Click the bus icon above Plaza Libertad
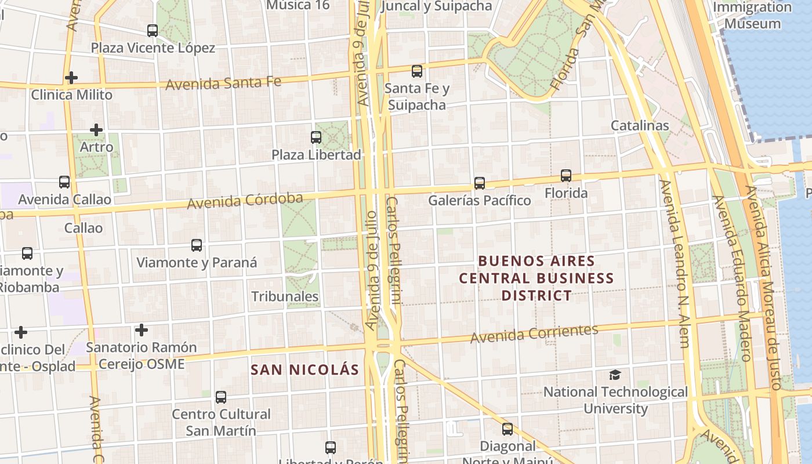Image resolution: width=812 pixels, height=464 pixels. (x=316, y=137)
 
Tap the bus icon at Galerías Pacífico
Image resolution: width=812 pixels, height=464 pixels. (x=480, y=183)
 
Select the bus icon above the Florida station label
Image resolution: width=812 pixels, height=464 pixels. (x=566, y=176)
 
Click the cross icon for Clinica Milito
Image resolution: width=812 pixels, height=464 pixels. (x=71, y=77)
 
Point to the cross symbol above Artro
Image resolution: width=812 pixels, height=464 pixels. (x=96, y=130)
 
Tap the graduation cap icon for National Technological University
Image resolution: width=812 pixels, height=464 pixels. (x=615, y=375)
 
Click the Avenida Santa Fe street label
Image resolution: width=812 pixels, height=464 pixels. (x=223, y=84)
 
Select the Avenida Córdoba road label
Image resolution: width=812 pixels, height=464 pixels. (x=245, y=201)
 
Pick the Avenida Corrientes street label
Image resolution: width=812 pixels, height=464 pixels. (x=534, y=333)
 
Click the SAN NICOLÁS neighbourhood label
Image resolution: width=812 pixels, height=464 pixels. (x=304, y=369)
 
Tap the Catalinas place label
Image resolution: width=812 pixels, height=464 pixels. (x=640, y=125)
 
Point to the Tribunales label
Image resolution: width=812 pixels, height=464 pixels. (x=285, y=296)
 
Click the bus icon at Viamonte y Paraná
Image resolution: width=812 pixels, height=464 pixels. (x=197, y=245)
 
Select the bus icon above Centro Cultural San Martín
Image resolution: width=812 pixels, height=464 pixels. (x=221, y=397)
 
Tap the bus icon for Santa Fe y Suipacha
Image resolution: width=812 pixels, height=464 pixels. (x=417, y=71)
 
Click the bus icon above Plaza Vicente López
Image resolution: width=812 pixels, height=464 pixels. (x=153, y=31)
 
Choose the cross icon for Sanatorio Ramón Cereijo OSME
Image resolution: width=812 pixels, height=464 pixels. (x=141, y=330)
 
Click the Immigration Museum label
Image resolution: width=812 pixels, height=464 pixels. (x=752, y=16)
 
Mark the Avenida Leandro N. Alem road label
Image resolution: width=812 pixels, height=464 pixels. (x=675, y=264)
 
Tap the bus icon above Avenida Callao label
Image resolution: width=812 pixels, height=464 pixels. (x=64, y=182)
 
